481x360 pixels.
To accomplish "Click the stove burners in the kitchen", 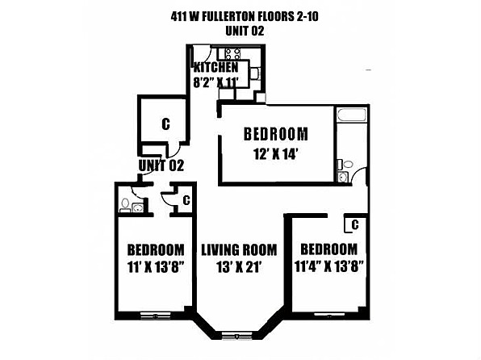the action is tap(232, 54).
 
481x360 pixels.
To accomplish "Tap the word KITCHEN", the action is tap(215, 67).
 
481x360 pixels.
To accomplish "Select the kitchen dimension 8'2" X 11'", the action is tap(215, 82).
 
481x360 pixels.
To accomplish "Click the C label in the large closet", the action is tap(165, 124).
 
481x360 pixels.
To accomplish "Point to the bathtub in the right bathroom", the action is tap(352, 115).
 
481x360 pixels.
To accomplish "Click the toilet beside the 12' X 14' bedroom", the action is tap(345, 165).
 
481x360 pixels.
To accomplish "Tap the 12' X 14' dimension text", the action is tap(275, 154).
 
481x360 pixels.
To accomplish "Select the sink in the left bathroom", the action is tap(137, 207).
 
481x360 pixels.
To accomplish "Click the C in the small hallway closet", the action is tap(186, 200).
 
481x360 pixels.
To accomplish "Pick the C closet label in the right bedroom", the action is tap(355, 225).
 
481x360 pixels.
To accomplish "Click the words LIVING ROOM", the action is tap(239, 250).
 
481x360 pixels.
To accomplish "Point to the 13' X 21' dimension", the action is tap(239, 267).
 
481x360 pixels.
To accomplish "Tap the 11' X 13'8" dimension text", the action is tap(155, 267).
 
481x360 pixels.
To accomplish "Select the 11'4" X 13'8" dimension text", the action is tap(328, 266).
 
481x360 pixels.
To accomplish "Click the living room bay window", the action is tap(236, 335).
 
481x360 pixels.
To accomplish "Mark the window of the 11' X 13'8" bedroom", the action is tap(155, 316).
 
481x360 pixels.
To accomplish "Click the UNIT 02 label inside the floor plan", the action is tap(161, 165).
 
